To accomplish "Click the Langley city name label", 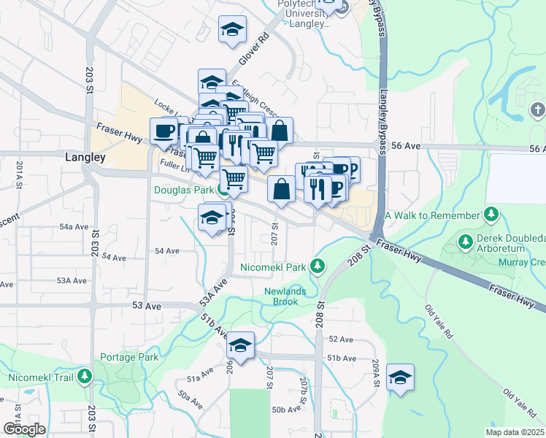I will pyautogui.click(x=85, y=157).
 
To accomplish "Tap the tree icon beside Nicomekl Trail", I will pyautogui.click(x=85, y=377).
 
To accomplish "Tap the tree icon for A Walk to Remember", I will pyautogui.click(x=492, y=215).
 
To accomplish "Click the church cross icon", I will pyautogui.click(x=537, y=110).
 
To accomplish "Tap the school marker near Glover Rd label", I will pyautogui.click(x=232, y=30).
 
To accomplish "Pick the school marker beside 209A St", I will pyautogui.click(x=400, y=377).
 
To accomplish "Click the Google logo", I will pyautogui.click(x=24, y=429).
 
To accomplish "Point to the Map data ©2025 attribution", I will pyautogui.click(x=515, y=432).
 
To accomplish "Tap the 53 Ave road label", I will pyautogui.click(x=146, y=306).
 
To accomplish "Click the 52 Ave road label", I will pyautogui.click(x=341, y=339).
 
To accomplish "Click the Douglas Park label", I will pyautogui.click(x=182, y=190).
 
